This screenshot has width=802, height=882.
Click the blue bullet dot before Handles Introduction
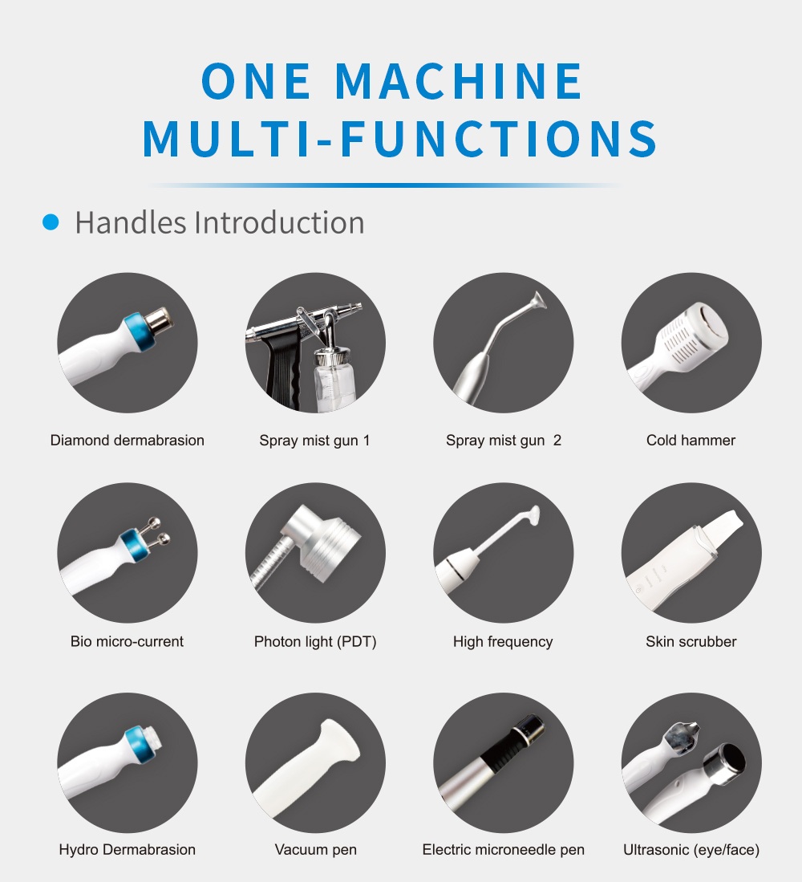tap(51, 222)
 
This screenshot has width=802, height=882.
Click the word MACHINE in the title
tap(460, 81)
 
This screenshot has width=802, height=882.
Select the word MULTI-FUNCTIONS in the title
tap(399, 138)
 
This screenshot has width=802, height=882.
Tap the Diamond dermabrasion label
tap(127, 441)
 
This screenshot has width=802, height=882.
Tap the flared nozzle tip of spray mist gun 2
tap(538, 299)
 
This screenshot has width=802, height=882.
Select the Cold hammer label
tap(691, 441)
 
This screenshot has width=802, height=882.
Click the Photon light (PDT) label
tap(315, 642)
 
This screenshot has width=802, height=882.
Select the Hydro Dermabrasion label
tap(127, 849)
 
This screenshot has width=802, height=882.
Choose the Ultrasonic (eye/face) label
tap(691, 849)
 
